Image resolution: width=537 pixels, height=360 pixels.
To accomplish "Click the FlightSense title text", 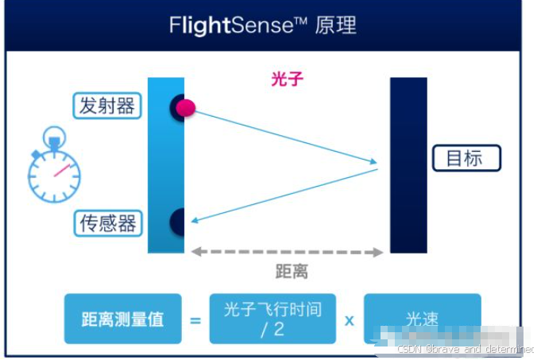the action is coord(263,25).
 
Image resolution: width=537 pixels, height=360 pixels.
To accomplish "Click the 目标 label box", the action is coord(466,158).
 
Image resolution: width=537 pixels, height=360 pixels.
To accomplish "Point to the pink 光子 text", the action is coord(287,79).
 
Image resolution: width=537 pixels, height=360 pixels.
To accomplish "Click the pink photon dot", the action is coord(185,107).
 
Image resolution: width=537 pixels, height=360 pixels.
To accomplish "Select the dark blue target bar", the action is coord(408,165).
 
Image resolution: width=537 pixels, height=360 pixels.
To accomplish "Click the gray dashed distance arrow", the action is coord(287,252).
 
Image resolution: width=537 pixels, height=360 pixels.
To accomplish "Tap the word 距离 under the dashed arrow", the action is coord(292,272).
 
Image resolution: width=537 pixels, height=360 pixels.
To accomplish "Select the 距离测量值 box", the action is coord(122,319).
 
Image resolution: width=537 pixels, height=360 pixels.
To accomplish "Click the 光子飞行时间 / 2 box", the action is coord(272,319).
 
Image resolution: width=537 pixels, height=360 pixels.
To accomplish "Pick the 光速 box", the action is coord(422,319).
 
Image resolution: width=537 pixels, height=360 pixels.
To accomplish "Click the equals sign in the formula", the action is coord(195,320).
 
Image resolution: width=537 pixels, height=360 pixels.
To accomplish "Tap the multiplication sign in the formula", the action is coord(349,320).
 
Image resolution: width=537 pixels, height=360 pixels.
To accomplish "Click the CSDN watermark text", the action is coord(464,349).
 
